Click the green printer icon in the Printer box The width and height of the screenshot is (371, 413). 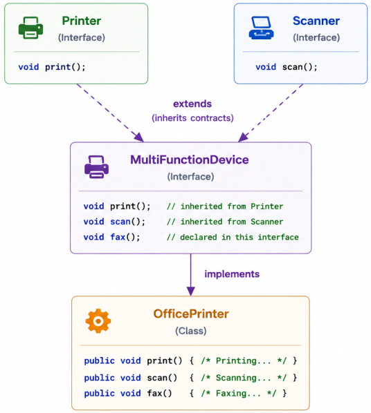pyautogui.click(x=30, y=28)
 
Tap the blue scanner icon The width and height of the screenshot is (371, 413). pyautogui.click(x=261, y=28)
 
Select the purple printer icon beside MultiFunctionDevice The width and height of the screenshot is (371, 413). pyautogui.click(x=96, y=167)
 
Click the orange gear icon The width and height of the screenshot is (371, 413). pyautogui.click(x=98, y=321)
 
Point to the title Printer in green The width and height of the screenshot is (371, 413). pyautogui.click(x=82, y=21)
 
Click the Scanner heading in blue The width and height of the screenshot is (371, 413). pyautogui.click(x=316, y=21)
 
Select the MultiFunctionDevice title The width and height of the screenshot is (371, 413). pyautogui.click(x=190, y=160)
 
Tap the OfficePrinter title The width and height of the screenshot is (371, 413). pyautogui.click(x=191, y=314)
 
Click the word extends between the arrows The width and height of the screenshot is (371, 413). pyautogui.click(x=192, y=104)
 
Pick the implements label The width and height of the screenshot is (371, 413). pyautogui.click(x=232, y=274)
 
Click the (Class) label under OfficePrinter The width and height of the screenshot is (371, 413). pyautogui.click(x=191, y=331)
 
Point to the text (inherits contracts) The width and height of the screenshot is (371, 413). pyautogui.click(x=192, y=118)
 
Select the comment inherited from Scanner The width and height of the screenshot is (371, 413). pyautogui.click(x=225, y=222)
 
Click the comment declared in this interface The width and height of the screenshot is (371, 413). pyautogui.click(x=233, y=237)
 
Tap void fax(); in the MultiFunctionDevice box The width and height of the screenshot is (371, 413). pyautogui.click(x=111, y=237)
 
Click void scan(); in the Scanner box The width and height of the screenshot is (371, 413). pyautogui.click(x=287, y=67)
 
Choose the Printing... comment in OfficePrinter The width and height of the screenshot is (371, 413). pyautogui.click(x=244, y=361)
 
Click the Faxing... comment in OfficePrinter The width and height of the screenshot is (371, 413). pyautogui.click(x=239, y=393)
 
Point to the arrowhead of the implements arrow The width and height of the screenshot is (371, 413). pyautogui.click(x=190, y=291)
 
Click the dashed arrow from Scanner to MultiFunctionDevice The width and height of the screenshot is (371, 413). pyautogui.click(x=271, y=113)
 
